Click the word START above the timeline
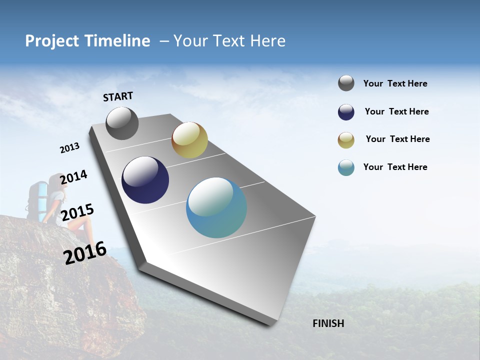click(118, 96)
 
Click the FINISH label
click(328, 323)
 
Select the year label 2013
click(69, 148)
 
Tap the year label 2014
click(73, 177)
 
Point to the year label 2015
click(77, 212)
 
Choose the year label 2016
click(85, 252)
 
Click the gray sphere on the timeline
click(122, 123)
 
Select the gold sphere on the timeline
click(189, 140)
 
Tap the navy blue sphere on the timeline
click(145, 180)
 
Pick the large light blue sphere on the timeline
click(216, 207)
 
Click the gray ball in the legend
click(346, 83)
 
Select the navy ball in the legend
click(346, 112)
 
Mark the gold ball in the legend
click(346, 140)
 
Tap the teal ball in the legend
click(346, 167)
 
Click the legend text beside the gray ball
click(395, 83)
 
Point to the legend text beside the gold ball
click(397, 139)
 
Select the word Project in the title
click(51, 41)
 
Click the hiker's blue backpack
click(40, 197)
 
